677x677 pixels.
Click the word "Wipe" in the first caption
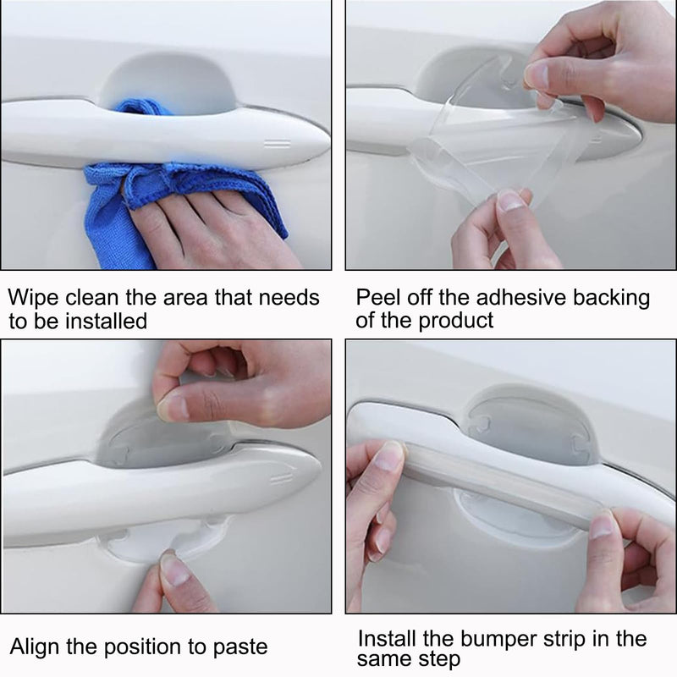click(x=33, y=299)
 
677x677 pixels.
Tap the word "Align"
click(x=35, y=647)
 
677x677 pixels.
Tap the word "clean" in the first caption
click(x=91, y=298)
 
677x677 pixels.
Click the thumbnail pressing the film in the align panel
click(x=173, y=408)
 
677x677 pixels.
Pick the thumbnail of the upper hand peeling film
click(x=537, y=75)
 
